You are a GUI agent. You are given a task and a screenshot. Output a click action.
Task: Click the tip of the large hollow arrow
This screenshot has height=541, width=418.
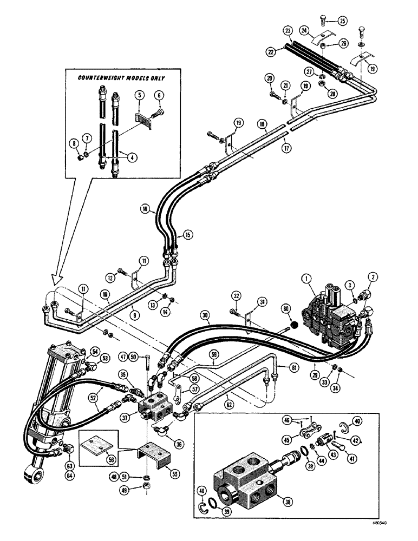coord(53,281)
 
